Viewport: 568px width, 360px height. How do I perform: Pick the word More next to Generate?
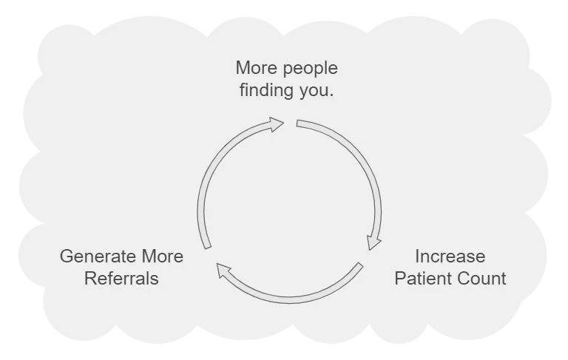pyautogui.click(x=163, y=257)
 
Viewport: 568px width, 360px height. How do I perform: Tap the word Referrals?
pyautogui.click(x=121, y=279)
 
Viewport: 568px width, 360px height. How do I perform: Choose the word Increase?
pyautogui.click(x=450, y=257)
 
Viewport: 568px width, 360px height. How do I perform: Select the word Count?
pyautogui.click(x=482, y=279)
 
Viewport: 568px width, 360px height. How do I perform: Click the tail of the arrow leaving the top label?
pyautogui.click(x=298, y=123)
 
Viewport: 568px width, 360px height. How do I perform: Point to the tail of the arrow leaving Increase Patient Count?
pyautogui.click(x=359, y=267)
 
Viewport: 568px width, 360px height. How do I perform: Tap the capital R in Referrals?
pyautogui.click(x=89, y=279)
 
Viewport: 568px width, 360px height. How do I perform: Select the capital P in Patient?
pyautogui.click(x=399, y=279)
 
